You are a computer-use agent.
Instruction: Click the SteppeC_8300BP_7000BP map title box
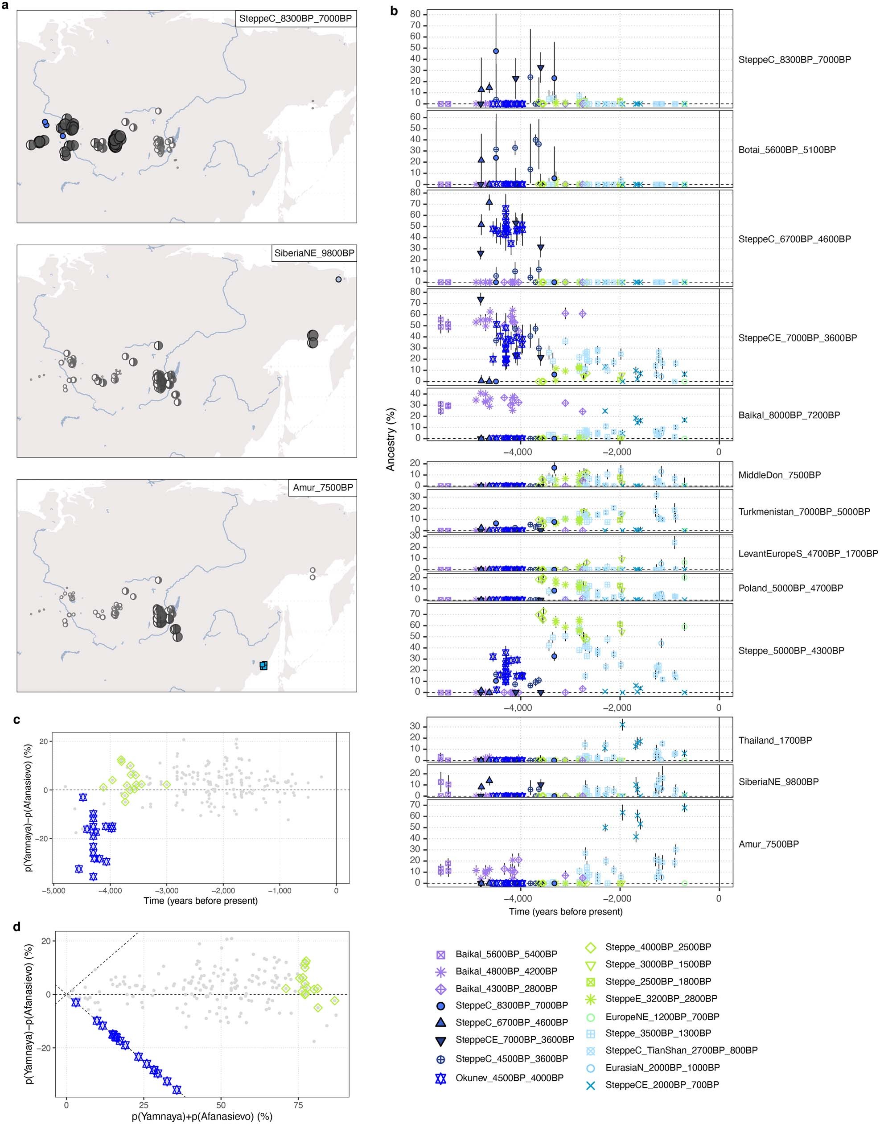click(295, 19)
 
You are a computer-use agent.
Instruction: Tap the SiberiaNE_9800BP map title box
click(314, 253)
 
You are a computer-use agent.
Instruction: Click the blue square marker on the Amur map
click(264, 665)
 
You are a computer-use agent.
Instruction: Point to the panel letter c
click(17, 720)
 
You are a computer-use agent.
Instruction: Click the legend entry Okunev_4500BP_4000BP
click(509, 1078)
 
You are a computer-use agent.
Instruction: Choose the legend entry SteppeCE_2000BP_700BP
click(662, 1085)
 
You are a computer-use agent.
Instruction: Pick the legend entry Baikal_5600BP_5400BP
click(506, 954)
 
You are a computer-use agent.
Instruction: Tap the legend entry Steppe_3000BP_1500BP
click(658, 964)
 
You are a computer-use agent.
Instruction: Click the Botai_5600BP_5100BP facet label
click(787, 150)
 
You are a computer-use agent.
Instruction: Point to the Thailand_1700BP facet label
click(775, 741)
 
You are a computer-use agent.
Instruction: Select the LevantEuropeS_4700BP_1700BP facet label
click(808, 553)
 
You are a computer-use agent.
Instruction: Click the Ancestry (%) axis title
click(391, 440)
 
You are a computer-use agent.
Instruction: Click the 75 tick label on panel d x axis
click(298, 1105)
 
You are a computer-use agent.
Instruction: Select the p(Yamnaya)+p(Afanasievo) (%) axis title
click(202, 1117)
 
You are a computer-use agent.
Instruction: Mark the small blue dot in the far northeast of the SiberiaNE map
click(338, 279)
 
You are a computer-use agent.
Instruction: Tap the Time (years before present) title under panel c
click(201, 901)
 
